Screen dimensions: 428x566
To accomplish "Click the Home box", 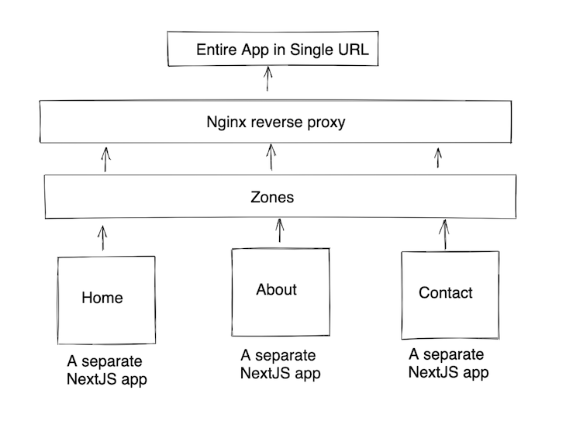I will tap(106, 299).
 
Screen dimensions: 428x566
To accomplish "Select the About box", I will tap(280, 291).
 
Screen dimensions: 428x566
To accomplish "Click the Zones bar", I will tap(279, 197).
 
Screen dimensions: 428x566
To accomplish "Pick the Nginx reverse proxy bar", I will tap(275, 123).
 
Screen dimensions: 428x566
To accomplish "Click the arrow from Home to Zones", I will tap(102, 237).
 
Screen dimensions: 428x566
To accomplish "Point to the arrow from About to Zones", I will tap(278, 231).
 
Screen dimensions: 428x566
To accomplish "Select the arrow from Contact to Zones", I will tap(443, 233).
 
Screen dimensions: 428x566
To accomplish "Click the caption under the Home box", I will tap(106, 371).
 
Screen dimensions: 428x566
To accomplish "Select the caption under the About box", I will tap(280, 364).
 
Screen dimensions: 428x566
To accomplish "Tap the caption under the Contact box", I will tap(448, 363).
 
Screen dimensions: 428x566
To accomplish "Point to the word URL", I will tap(353, 50).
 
